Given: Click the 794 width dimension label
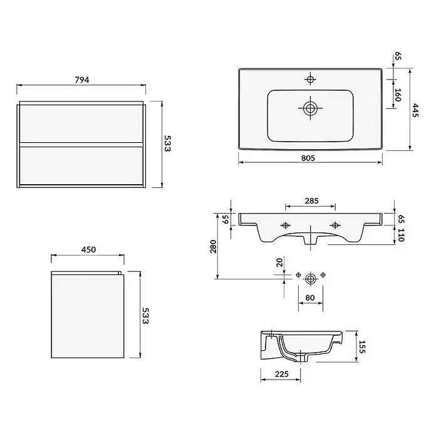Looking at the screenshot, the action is tap(82, 80).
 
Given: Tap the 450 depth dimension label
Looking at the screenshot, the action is tap(88, 249).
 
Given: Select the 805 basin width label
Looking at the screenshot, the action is tap(308, 158).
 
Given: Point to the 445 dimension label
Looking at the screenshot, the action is tap(415, 110).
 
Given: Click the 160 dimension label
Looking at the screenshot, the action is tap(398, 95).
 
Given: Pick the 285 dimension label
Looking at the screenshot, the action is tap(311, 200).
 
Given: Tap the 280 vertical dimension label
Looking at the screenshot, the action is tap(213, 246).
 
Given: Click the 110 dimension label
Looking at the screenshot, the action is tap(401, 235).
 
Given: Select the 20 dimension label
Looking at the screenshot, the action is tap(279, 262).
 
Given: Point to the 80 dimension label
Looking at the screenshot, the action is tap(310, 298).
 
